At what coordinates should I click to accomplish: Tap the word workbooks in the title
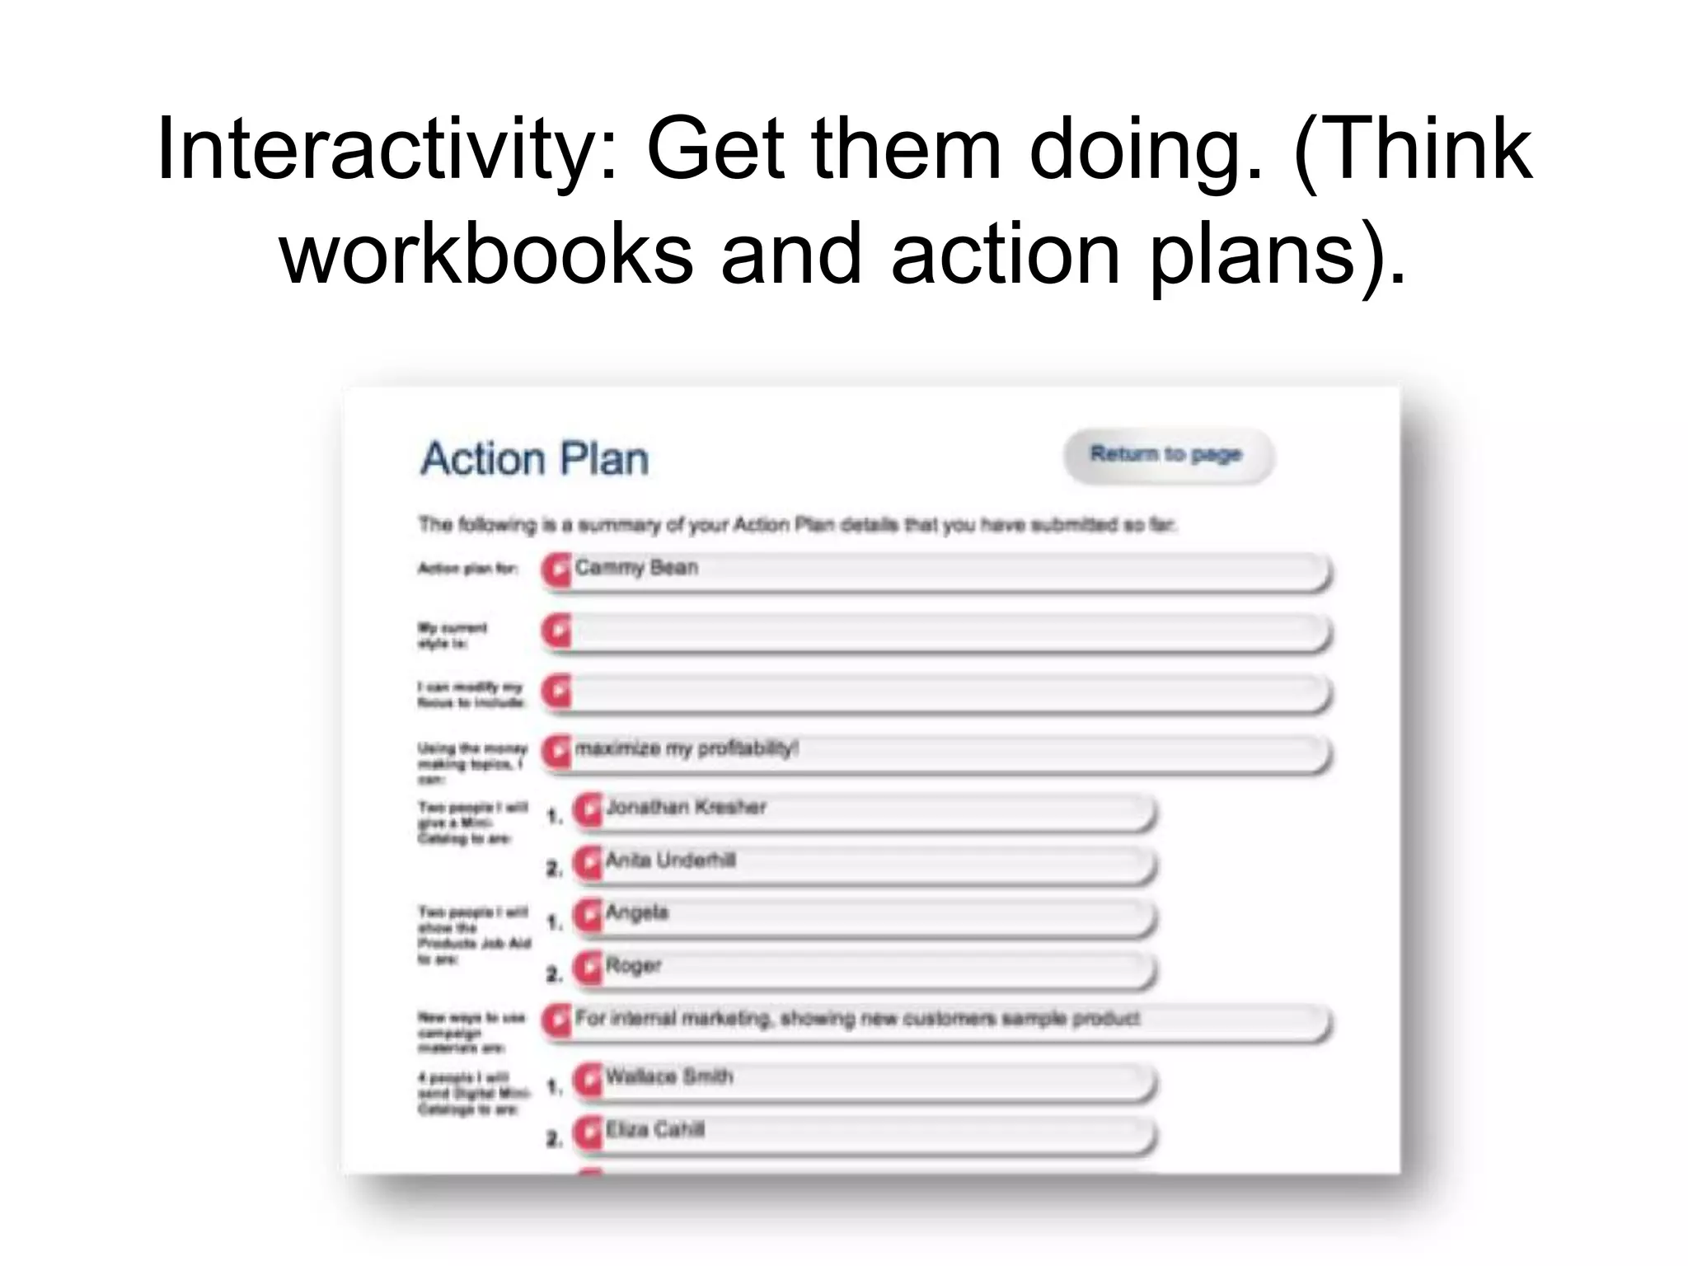486,254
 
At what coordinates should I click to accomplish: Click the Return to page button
1166,454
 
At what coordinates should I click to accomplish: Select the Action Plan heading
535,459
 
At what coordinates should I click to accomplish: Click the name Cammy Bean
636,567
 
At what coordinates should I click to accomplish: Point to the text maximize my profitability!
687,748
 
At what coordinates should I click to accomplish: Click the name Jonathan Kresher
686,807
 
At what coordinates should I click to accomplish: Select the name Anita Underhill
670,860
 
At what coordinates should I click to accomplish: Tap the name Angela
636,912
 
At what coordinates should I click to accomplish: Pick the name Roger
633,965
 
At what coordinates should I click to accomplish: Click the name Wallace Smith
668,1076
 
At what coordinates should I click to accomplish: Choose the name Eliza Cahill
654,1129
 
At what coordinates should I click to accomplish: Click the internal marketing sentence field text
857,1019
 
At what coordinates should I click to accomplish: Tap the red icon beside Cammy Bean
557,570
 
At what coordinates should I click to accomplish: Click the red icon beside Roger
588,968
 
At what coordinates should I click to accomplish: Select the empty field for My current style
948,632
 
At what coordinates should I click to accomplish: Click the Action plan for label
467,568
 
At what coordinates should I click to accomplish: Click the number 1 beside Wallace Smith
555,1086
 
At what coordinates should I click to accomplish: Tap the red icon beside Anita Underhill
588,862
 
